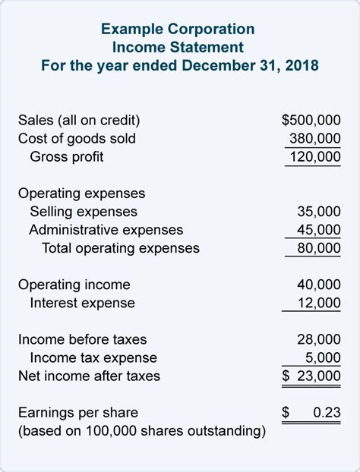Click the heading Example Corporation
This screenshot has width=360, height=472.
(179, 29)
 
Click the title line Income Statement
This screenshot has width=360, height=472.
(179, 46)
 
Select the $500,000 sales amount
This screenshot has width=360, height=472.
(311, 120)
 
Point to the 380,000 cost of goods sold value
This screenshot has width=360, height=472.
(314, 139)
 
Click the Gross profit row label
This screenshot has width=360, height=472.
(67, 157)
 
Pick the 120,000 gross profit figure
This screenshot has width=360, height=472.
(314, 157)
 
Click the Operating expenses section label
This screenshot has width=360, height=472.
(81, 194)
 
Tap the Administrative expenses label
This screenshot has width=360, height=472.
(106, 230)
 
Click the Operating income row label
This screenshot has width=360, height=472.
(74, 285)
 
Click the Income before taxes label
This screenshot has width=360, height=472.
(82, 339)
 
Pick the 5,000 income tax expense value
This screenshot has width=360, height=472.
(322, 357)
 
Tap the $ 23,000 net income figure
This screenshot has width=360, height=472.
(311, 376)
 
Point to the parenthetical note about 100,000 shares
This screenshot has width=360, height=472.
(141, 431)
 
